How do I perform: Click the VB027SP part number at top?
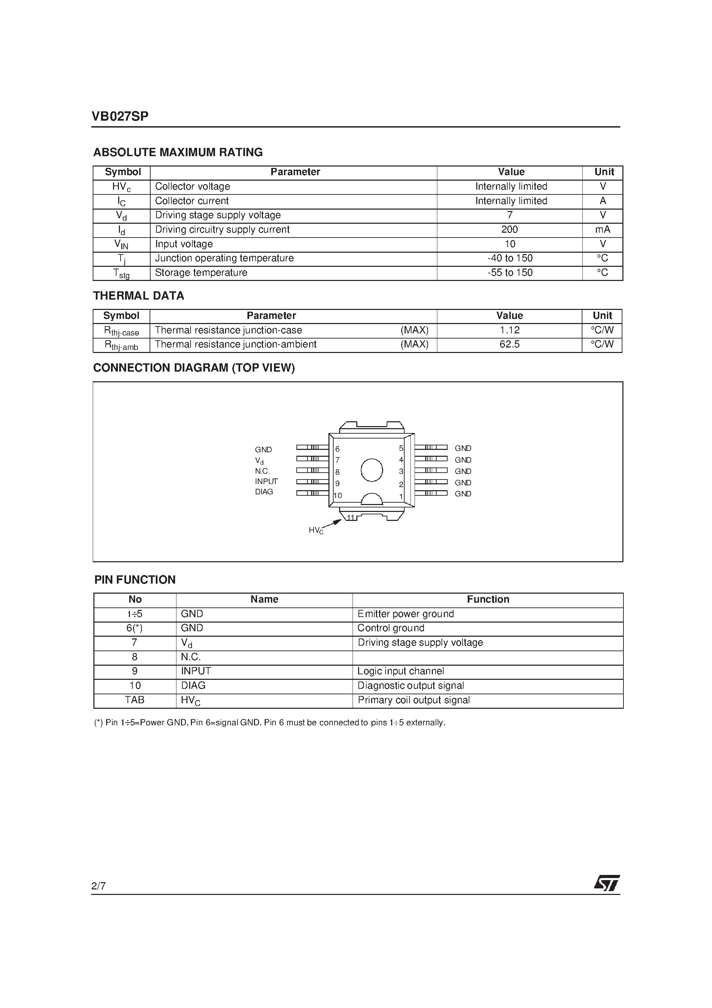coord(120,116)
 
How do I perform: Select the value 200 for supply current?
coord(509,230)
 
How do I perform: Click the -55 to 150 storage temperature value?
coord(510,273)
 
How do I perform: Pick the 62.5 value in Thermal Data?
coord(509,344)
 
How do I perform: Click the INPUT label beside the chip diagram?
coord(266,481)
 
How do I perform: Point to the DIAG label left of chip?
coord(264,492)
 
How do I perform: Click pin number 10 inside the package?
coord(338,496)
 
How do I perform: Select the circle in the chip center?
coord(372,470)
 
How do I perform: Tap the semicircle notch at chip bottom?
coord(372,499)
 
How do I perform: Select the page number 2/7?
coord(98,886)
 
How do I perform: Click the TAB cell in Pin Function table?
coord(134,700)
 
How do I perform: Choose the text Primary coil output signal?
coord(414,700)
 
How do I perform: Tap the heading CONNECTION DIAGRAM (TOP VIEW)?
coord(194,368)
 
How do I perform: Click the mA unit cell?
coord(602,230)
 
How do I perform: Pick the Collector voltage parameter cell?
coord(192,187)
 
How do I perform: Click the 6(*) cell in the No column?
coord(134,628)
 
